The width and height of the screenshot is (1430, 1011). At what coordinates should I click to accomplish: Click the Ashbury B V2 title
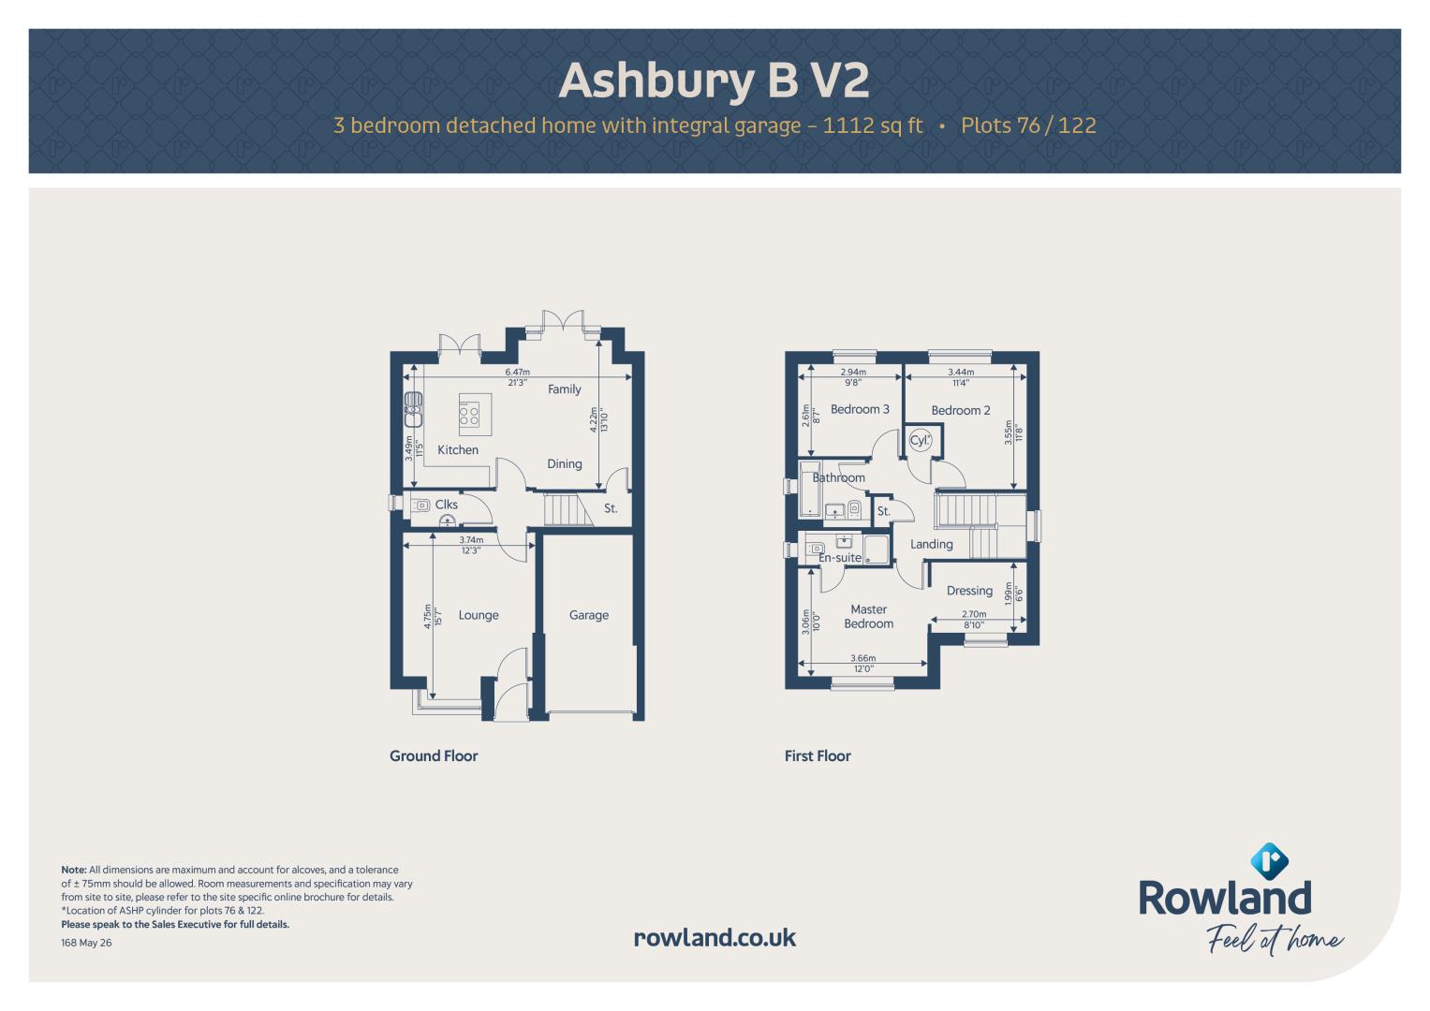pos(714,81)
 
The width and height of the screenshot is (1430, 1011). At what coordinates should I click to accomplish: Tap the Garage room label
pos(589,615)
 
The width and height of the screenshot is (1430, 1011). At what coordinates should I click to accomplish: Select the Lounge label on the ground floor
pos(479,615)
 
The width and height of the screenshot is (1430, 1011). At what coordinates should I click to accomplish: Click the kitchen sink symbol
pos(413,410)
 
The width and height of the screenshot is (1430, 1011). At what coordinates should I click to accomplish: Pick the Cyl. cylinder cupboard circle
pos(920,440)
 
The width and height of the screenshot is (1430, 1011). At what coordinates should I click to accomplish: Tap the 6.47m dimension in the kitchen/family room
pos(517,372)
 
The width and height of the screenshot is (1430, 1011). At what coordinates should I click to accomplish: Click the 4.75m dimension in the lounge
pos(428,617)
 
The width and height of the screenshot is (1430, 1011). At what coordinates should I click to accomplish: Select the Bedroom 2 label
pos(961,410)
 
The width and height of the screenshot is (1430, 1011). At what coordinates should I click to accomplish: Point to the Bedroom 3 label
pos(860,409)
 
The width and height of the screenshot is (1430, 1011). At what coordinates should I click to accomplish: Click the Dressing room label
pos(969,591)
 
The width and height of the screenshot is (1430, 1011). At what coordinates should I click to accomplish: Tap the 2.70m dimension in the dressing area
pos(974,614)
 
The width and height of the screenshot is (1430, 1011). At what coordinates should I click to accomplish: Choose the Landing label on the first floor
pos(932,545)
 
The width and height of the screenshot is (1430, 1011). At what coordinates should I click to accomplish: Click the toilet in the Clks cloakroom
pos(421,505)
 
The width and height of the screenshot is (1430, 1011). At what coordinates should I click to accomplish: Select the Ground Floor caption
pos(434,755)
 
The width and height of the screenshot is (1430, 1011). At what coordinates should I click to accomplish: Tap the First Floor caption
pos(818,755)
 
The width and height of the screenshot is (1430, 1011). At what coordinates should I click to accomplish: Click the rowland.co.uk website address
pos(715,938)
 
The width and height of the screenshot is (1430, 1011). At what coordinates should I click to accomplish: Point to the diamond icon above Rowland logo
pos(1269,860)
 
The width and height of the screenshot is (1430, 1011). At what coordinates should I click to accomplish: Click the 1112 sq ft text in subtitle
pos(872,125)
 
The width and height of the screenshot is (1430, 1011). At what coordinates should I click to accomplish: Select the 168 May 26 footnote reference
pos(86,943)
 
